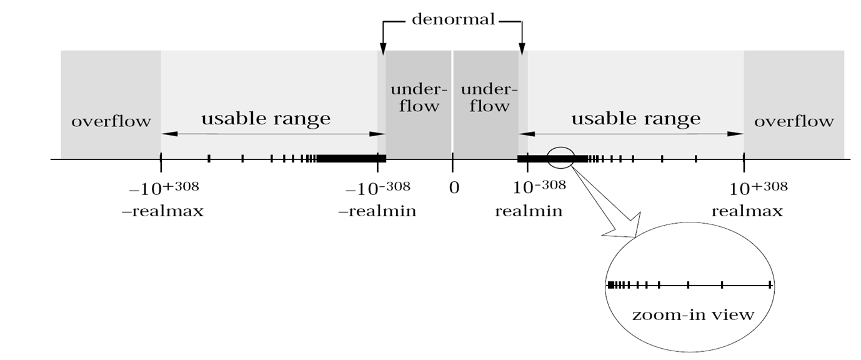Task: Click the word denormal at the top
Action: [x=453, y=19]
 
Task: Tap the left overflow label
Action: [x=111, y=121]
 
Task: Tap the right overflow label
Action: [x=794, y=121]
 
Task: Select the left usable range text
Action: [x=266, y=118]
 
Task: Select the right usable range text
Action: [x=636, y=118]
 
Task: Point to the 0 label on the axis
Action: [x=454, y=187]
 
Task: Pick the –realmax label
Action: [x=162, y=211]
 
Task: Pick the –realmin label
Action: [x=377, y=211]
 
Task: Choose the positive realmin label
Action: [x=529, y=211]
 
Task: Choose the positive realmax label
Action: [x=747, y=211]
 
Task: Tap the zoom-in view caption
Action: [x=692, y=314]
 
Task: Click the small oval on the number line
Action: [x=560, y=157]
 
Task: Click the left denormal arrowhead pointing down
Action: [x=383, y=48]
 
